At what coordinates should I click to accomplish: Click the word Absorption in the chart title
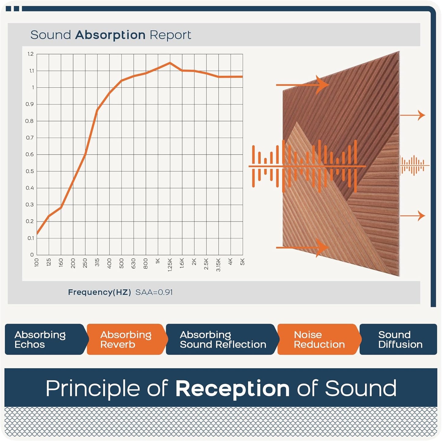pyautogui.click(x=110, y=35)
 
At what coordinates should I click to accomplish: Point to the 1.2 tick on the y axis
pyautogui.click(x=31, y=54)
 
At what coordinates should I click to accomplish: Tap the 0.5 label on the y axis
pyautogui.click(x=30, y=171)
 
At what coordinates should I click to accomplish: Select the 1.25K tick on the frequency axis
pyautogui.click(x=170, y=265)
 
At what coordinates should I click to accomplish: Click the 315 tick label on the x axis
pyautogui.click(x=97, y=262)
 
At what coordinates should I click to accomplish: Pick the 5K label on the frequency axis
pyautogui.click(x=243, y=261)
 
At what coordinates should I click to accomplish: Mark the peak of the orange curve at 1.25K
pyautogui.click(x=170, y=63)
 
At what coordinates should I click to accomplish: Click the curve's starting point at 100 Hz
pyautogui.click(x=37, y=234)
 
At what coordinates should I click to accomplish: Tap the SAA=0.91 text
pyautogui.click(x=154, y=292)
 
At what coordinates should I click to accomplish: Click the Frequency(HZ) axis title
pyautogui.click(x=99, y=292)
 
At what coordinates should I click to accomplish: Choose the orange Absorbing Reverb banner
pyautogui.click(x=127, y=339)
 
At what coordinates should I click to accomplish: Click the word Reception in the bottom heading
pyautogui.click(x=232, y=388)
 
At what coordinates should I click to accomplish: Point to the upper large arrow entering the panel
pyautogui.click(x=302, y=85)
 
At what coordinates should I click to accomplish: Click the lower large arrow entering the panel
pyautogui.click(x=302, y=248)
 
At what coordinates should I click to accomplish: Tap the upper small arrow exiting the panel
pyautogui.click(x=413, y=115)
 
